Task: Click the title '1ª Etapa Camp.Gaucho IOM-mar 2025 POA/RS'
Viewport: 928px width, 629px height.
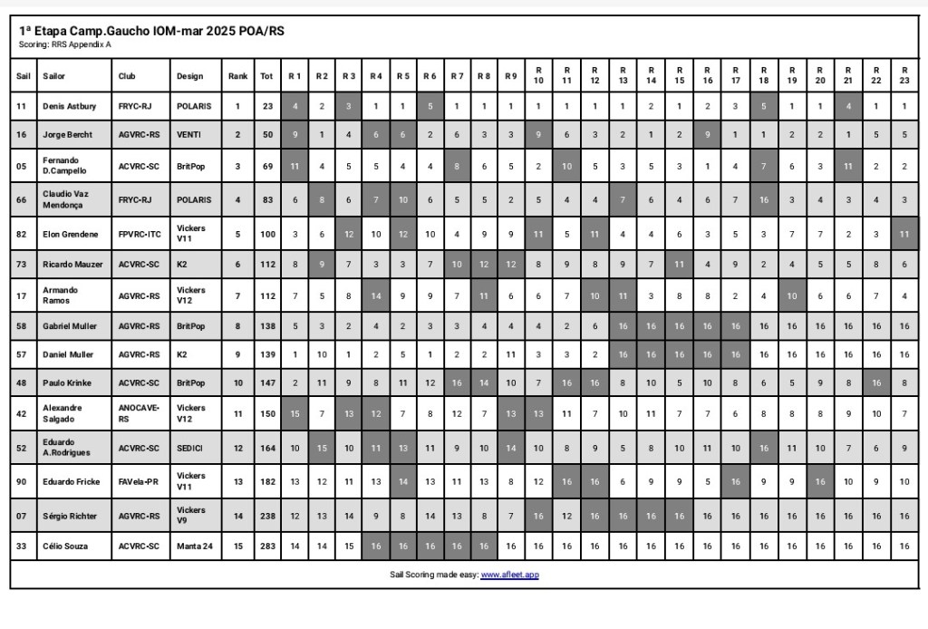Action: point(151,31)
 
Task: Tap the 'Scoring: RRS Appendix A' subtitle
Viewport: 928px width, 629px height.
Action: point(65,44)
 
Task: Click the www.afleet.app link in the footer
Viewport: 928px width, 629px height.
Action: point(509,575)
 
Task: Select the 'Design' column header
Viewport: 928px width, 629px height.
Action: point(190,76)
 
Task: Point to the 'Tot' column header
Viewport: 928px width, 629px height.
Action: point(266,76)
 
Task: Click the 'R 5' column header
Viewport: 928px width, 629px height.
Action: point(403,76)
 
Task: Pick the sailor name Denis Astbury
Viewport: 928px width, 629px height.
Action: point(69,106)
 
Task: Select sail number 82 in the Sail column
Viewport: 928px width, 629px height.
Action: point(23,234)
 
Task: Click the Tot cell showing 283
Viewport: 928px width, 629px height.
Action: point(266,547)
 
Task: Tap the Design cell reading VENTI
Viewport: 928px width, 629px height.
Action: point(189,135)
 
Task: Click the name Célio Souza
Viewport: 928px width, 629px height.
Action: point(66,547)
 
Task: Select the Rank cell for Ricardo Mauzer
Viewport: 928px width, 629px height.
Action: point(237,264)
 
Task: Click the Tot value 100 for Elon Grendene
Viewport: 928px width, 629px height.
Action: point(266,234)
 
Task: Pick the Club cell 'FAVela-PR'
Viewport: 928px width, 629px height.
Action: point(139,481)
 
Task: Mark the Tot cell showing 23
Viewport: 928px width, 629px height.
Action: point(266,106)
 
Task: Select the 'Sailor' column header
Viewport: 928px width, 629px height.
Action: point(54,76)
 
